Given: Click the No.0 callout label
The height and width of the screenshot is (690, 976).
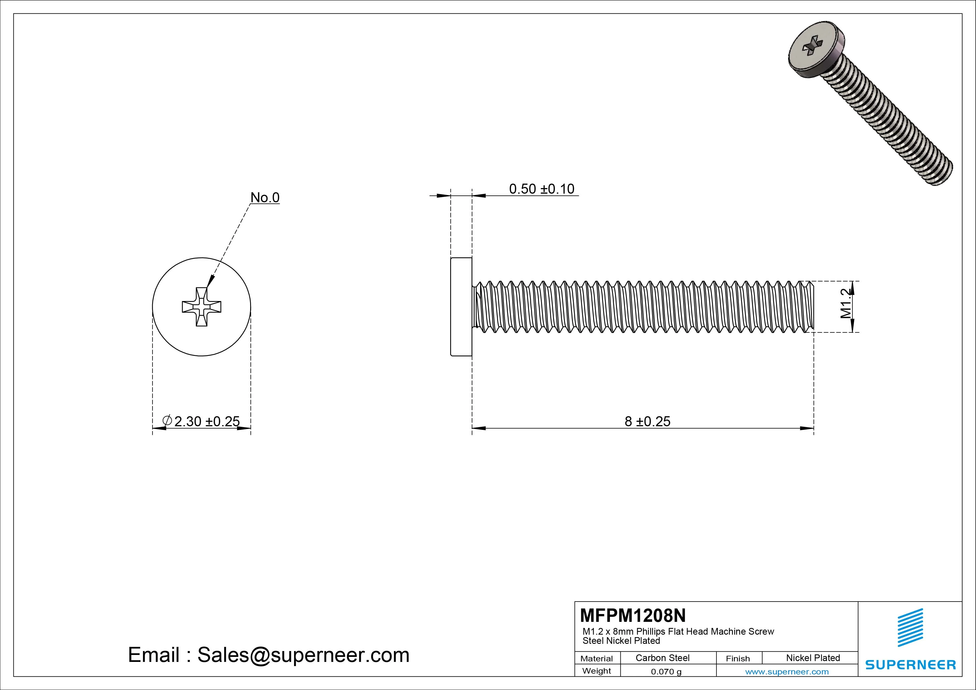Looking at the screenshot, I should coord(265,197).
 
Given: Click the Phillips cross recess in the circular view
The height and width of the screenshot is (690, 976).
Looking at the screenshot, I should coord(201,307).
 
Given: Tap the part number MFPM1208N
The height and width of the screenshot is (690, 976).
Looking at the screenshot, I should coord(632,615).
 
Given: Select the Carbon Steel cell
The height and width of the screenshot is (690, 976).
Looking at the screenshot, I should coord(662,658).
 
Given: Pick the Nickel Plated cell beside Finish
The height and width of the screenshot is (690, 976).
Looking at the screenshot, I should coord(813,658).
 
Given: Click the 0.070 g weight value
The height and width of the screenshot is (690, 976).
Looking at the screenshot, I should coord(666,672).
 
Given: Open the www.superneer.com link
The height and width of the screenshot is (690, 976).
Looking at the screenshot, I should coord(787,672).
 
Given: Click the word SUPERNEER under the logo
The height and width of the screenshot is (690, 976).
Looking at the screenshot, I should coord(910,664).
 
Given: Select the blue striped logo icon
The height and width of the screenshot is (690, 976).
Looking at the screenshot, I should coord(910,627).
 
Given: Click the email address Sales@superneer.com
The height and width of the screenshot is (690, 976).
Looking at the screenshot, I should coord(303,655).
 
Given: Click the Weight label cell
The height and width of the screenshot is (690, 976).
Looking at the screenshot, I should coord(597,671).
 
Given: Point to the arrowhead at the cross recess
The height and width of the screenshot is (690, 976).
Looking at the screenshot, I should coord(210,282).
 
